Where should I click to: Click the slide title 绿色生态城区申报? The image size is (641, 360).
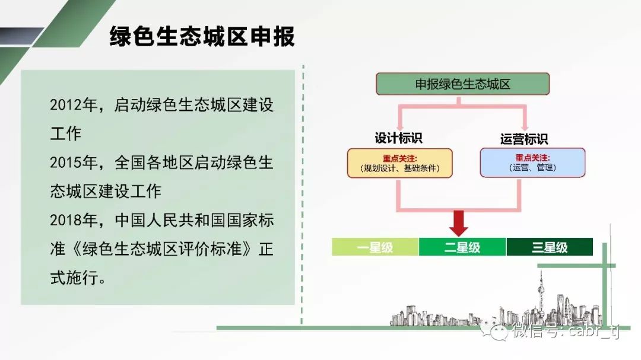click(202, 37)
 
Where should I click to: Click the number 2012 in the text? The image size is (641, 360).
click(65, 105)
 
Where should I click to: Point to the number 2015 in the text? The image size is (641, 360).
click(65, 163)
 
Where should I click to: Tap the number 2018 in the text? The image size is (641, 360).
click(65, 220)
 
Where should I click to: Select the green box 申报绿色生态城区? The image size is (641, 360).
click(462, 84)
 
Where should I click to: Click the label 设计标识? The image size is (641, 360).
click(399, 138)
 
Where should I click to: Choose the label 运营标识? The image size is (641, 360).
click(524, 139)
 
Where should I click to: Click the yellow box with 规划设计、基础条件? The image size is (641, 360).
click(400, 163)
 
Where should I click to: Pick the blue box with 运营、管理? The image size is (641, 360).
click(532, 163)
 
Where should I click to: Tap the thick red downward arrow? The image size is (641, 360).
click(458, 223)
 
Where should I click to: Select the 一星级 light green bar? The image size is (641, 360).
click(375, 247)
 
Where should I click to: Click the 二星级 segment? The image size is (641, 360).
click(462, 247)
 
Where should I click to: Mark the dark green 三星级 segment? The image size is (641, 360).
click(550, 247)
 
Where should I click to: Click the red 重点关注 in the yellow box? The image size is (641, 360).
click(400, 158)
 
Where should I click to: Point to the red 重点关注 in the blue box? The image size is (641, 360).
click(532, 158)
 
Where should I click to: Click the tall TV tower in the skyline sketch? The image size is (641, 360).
click(541, 295)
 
